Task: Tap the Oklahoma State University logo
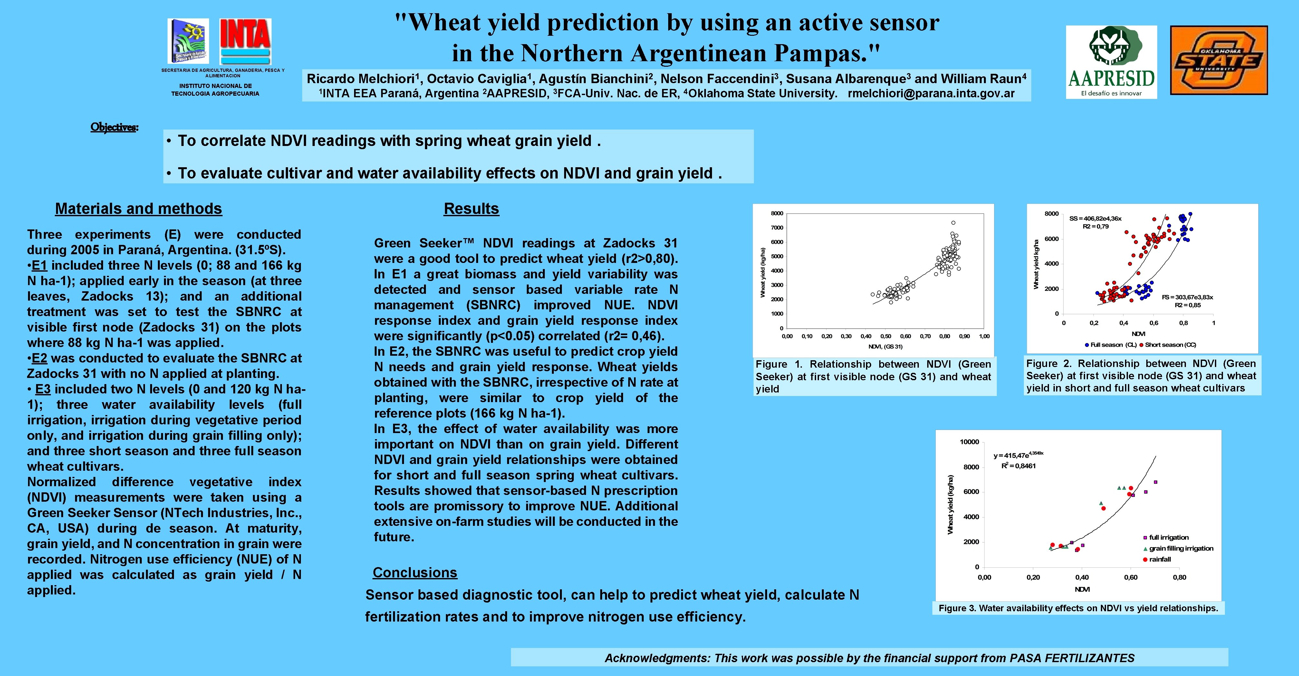pyautogui.click(x=1218, y=61)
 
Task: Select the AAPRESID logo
pyautogui.click(x=1111, y=62)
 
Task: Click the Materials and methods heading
pyautogui.click(x=138, y=208)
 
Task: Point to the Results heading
pyautogui.click(x=471, y=208)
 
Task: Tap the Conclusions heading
pyautogui.click(x=415, y=573)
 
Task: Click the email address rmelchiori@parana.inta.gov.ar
pyautogui.click(x=931, y=93)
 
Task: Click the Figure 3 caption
pyautogui.click(x=1078, y=608)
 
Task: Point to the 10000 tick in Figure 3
pyautogui.click(x=969, y=442)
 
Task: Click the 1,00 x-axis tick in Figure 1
pyautogui.click(x=984, y=336)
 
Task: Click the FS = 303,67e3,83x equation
pyautogui.click(x=1187, y=297)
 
